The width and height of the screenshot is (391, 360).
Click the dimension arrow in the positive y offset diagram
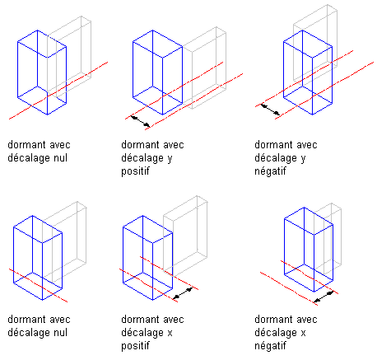click(141, 121)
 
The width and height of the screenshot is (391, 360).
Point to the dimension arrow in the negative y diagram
click(270, 109)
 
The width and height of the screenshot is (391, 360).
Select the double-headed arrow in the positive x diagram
click(183, 293)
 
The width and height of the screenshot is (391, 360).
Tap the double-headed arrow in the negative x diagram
click(324, 297)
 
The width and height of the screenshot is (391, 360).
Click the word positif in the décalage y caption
click(135, 171)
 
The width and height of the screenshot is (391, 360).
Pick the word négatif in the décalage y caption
click(270, 171)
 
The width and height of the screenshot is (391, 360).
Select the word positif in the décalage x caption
click(135, 346)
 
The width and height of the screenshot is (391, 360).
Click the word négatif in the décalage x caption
click(270, 346)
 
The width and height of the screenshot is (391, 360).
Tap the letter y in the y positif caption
click(170, 159)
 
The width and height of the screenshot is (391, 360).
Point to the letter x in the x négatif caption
click(303, 333)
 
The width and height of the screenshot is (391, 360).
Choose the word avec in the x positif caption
click(173, 320)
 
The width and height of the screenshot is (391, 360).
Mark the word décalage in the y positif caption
click(142, 158)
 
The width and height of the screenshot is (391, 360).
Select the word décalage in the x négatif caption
click(276, 333)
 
